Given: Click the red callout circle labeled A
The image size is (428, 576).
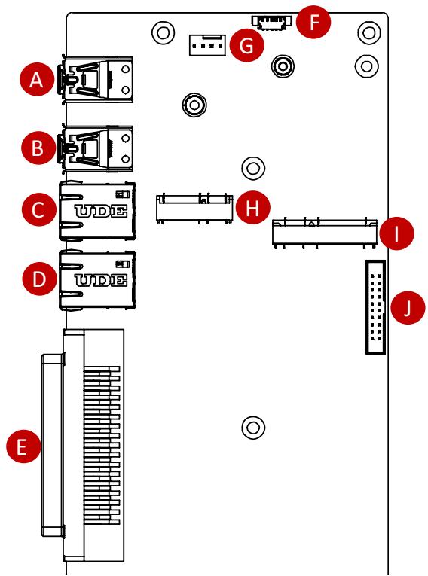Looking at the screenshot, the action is coord(36,79).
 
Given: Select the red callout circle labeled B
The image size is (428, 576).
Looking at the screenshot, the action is coord(38,148).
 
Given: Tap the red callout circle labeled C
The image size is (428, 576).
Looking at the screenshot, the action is coord(39,209).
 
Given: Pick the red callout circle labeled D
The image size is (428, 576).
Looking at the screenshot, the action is coord(40,278).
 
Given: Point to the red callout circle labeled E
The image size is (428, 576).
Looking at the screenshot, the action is coord(23,446).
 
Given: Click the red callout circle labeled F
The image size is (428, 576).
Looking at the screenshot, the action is coord(313,22).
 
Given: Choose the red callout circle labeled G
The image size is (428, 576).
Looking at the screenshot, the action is coord(246,45).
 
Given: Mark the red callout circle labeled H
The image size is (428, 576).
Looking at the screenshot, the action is coord(252,208).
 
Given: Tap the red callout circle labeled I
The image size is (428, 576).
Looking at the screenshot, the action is coord(396,233).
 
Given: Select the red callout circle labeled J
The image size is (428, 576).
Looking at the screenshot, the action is coord(408,307).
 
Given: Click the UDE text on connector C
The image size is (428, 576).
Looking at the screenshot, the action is coord(101,212).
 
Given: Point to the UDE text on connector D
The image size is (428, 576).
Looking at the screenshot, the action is coord(101,280).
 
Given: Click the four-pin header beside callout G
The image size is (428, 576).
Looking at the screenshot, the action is coord(207,45).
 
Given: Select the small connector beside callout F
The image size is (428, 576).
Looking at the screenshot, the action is coord(272,22).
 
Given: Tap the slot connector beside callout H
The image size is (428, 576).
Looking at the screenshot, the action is coord(194,208).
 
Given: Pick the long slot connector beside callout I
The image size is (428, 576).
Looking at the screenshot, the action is coord(325,233).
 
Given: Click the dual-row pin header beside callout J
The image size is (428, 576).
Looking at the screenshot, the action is coord(375,307).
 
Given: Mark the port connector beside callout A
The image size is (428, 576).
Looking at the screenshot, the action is coord(96,79).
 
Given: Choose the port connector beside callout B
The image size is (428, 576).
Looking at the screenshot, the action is coord(96,148).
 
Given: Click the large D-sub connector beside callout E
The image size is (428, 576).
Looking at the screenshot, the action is coord(83,445).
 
